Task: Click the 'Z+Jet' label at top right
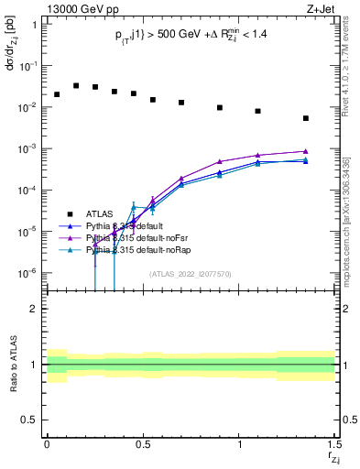click(321, 8)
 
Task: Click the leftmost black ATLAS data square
click(57, 94)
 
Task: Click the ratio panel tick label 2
click(34, 309)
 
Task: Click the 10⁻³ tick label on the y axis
click(29, 148)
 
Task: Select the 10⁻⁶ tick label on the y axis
click(29, 273)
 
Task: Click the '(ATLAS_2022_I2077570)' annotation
click(190, 274)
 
